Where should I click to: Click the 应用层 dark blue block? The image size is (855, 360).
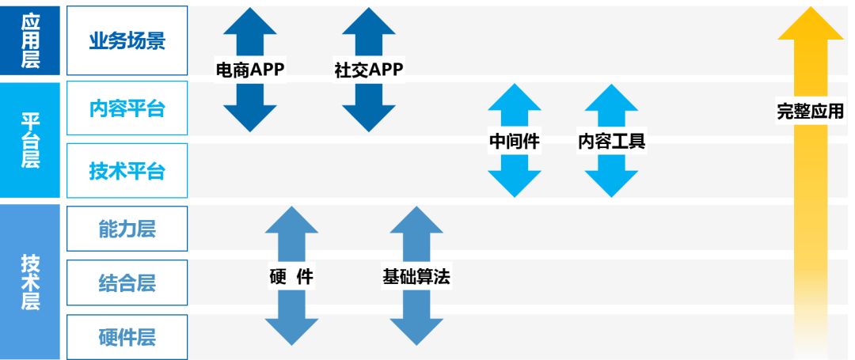click(x=30, y=40)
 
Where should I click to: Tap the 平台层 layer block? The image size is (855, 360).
click(x=30, y=139)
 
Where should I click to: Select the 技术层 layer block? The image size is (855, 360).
click(x=30, y=282)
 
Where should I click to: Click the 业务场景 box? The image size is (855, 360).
click(x=127, y=40)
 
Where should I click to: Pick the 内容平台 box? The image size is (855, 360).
click(x=127, y=108)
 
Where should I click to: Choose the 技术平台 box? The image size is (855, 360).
click(x=127, y=170)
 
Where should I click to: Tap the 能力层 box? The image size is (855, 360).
click(x=127, y=229)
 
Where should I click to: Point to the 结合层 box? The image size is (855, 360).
click(x=127, y=282)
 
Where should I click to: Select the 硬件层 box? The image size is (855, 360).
click(x=127, y=337)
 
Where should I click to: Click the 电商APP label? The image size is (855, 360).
click(x=250, y=70)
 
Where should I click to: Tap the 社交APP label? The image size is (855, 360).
click(x=369, y=70)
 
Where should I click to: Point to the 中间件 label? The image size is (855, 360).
click(x=515, y=142)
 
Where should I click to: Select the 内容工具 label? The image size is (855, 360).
click(x=611, y=142)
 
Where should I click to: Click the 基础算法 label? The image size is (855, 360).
click(x=416, y=276)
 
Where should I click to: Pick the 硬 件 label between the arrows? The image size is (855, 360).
click(x=291, y=276)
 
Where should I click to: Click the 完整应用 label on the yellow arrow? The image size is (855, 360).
click(x=811, y=112)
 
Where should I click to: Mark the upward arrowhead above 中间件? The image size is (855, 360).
click(x=515, y=98)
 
